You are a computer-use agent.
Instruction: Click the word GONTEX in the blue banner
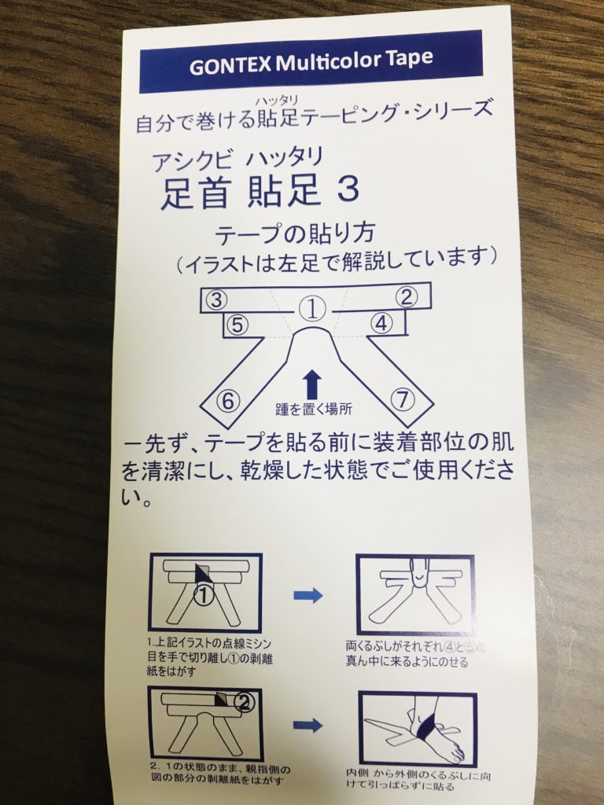coord(230,66)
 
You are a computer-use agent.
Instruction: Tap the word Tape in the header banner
coord(410,58)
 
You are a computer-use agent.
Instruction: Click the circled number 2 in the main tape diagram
coord(407,296)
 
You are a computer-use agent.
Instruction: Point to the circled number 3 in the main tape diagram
coord(216,300)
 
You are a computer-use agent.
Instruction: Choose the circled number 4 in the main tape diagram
coord(381,323)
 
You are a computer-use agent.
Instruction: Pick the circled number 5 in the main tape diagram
coord(237,325)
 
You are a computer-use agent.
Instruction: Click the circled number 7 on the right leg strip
coord(403,399)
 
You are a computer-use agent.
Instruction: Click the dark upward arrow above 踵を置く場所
coord(312,385)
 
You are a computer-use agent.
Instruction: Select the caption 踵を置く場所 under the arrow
coord(313,409)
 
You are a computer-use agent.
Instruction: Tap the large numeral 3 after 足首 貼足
coord(348,189)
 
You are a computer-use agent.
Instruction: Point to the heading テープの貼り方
coord(295,234)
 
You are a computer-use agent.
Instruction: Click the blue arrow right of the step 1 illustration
coord(308,596)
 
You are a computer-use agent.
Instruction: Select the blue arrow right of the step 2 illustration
coord(308,726)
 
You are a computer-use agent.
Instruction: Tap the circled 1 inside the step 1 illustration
coord(204,595)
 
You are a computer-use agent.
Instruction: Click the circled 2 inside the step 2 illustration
coord(245,702)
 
